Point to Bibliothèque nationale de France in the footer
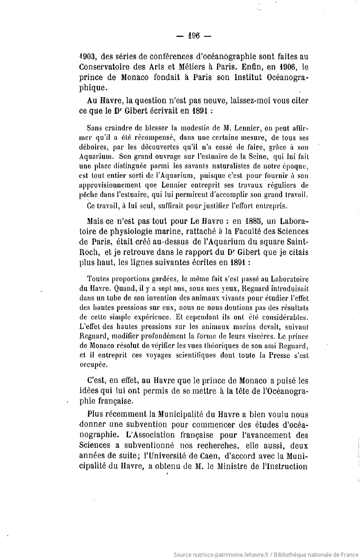315,554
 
